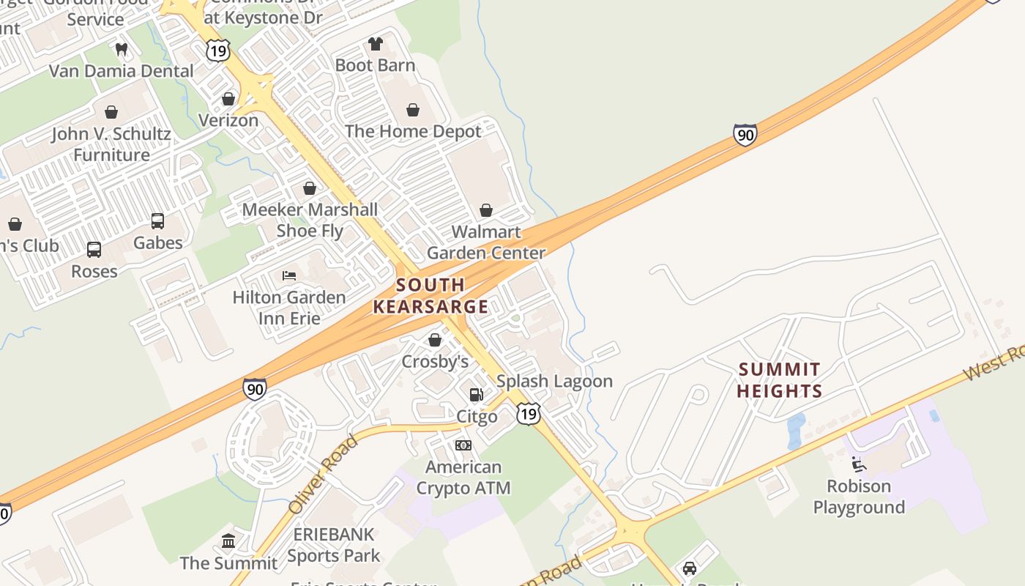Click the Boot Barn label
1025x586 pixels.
pos(375,65)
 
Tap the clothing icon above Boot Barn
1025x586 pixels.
pos(376,44)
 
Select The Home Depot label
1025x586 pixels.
pos(413,131)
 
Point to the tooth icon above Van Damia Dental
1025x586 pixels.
pos(122,50)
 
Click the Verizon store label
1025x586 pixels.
pos(228,120)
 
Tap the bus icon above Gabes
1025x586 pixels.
pos(157,221)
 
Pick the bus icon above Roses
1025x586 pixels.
pos(94,250)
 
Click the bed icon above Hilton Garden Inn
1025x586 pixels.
pos(289,276)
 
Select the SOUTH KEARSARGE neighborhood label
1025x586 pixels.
pos(430,296)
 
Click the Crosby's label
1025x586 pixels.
pos(435,361)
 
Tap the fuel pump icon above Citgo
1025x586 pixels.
pos(477,396)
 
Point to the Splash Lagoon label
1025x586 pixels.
pos(554,381)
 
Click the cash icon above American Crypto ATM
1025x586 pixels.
pos(463,445)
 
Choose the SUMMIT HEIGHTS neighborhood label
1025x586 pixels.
pos(779,380)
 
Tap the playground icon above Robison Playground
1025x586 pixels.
pos(859,464)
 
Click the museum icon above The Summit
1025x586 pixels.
pos(228,541)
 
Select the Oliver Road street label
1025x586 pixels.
pos(322,474)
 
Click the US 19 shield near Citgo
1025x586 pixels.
pos(529,413)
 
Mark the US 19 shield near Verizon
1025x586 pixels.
pos(218,50)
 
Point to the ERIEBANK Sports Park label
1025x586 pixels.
pos(334,545)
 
